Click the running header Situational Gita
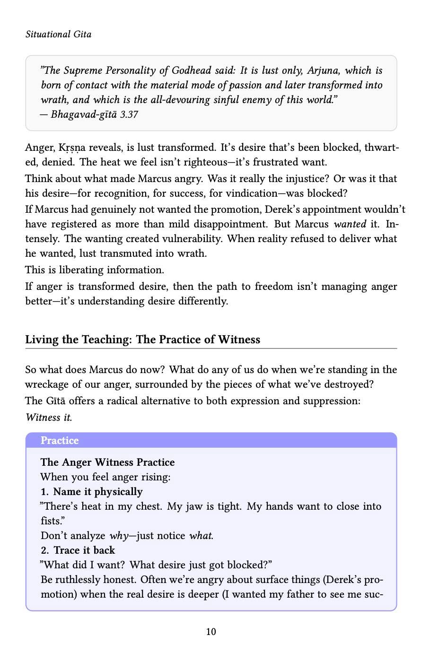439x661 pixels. click(58, 35)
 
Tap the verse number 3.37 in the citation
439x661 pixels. click(129, 114)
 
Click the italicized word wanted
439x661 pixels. click(350, 224)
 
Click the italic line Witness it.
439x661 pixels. click(49, 417)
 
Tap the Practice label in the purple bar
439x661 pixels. click(60, 441)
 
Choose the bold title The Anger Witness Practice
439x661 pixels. click(107, 462)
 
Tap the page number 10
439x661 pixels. click(211, 632)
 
